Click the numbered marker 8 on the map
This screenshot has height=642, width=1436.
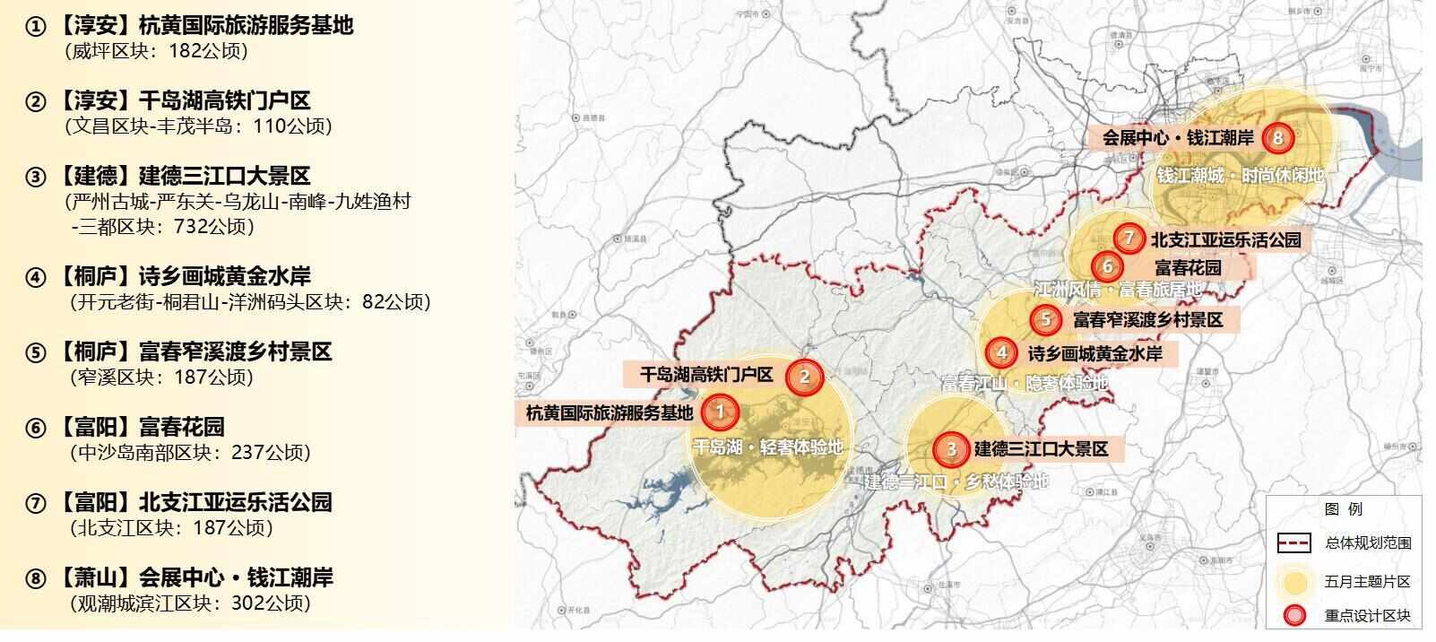pyautogui.click(x=1277, y=138)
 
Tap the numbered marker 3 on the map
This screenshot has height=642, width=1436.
pyautogui.click(x=951, y=449)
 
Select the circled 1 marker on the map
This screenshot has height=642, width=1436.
pyautogui.click(x=719, y=412)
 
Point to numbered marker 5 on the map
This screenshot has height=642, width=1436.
pyautogui.click(x=1045, y=318)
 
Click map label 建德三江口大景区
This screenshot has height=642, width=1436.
pyautogui.click(x=1042, y=448)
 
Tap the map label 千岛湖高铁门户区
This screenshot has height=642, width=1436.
pyautogui.click(x=705, y=375)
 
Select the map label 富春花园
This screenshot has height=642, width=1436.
pyautogui.click(x=1188, y=267)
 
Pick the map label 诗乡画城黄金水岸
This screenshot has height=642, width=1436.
pyautogui.click(x=1094, y=353)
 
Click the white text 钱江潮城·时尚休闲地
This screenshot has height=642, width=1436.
pyautogui.click(x=1240, y=176)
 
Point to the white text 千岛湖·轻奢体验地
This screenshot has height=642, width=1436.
pyautogui.click(x=768, y=447)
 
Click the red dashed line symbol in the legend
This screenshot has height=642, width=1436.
pyautogui.click(x=1293, y=542)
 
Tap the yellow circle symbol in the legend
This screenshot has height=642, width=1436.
pyautogui.click(x=1293, y=581)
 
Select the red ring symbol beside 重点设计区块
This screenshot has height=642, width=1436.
pyautogui.click(x=1293, y=616)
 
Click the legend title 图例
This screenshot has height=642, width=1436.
pyautogui.click(x=1343, y=508)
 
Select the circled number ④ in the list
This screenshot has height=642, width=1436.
pyautogui.click(x=35, y=277)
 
